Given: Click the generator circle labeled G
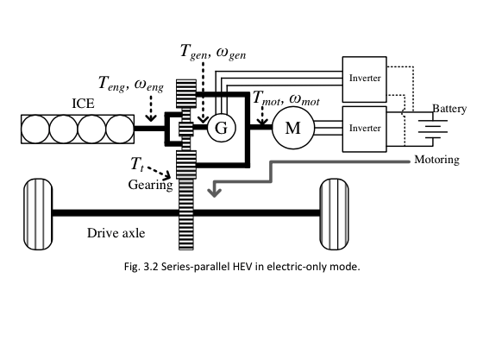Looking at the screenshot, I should pyautogui.click(x=219, y=129).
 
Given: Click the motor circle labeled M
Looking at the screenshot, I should pyautogui.click(x=291, y=129).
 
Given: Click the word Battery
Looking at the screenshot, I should pyautogui.click(x=449, y=110).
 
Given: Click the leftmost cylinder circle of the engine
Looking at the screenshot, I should pyautogui.click(x=35, y=129).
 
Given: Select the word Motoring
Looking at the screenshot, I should pyautogui.click(x=436, y=160).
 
